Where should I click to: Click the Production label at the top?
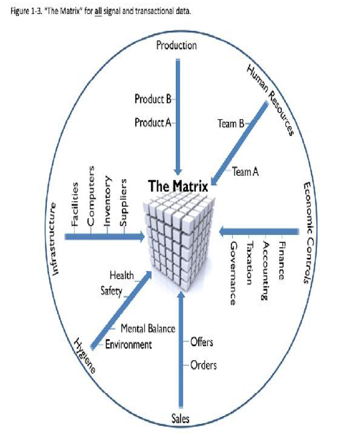[176, 45]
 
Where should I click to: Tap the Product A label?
[153, 122]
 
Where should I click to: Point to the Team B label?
[231, 123]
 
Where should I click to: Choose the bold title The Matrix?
[178, 186]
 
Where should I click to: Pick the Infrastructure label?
[56, 238]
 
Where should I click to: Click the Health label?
[121, 275]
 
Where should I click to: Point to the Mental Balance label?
[148, 329]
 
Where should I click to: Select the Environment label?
[128, 345]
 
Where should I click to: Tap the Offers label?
[202, 342]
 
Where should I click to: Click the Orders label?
[203, 365]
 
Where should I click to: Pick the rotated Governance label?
[233, 273]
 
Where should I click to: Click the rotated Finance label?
[282, 260]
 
